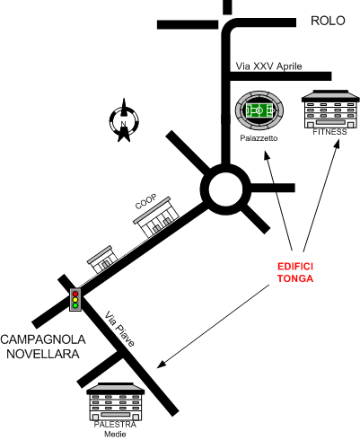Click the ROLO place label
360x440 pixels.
click(x=328, y=21)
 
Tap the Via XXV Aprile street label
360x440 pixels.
click(x=268, y=66)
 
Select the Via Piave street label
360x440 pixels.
click(x=119, y=329)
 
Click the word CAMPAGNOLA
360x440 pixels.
click(x=43, y=339)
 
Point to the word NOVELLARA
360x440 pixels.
click(x=43, y=354)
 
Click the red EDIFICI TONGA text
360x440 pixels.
click(x=295, y=272)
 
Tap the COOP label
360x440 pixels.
click(x=145, y=201)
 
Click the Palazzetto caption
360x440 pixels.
click(x=259, y=138)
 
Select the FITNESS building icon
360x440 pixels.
click(x=330, y=110)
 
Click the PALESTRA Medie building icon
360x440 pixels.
click(x=115, y=401)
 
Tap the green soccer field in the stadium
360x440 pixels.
click(x=259, y=110)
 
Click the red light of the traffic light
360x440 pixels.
click(x=75, y=294)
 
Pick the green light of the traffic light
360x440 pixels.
click(x=75, y=305)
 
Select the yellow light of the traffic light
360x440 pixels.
click(x=75, y=300)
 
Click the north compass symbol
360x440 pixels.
click(x=124, y=120)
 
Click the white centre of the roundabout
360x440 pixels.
click(x=225, y=189)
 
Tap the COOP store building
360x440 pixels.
click(x=156, y=217)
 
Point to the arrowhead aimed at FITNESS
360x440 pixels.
click(x=337, y=144)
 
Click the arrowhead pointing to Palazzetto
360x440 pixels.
click(x=267, y=154)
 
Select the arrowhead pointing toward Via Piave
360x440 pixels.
click(x=161, y=364)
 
